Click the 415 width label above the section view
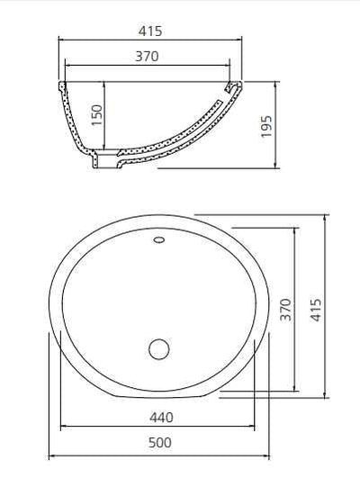click(x=151, y=31)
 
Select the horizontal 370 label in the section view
click(x=148, y=57)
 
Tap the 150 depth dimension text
click(x=98, y=116)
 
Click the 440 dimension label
click(x=162, y=417)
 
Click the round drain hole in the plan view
click(x=159, y=348)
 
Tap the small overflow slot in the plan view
click(x=158, y=240)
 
